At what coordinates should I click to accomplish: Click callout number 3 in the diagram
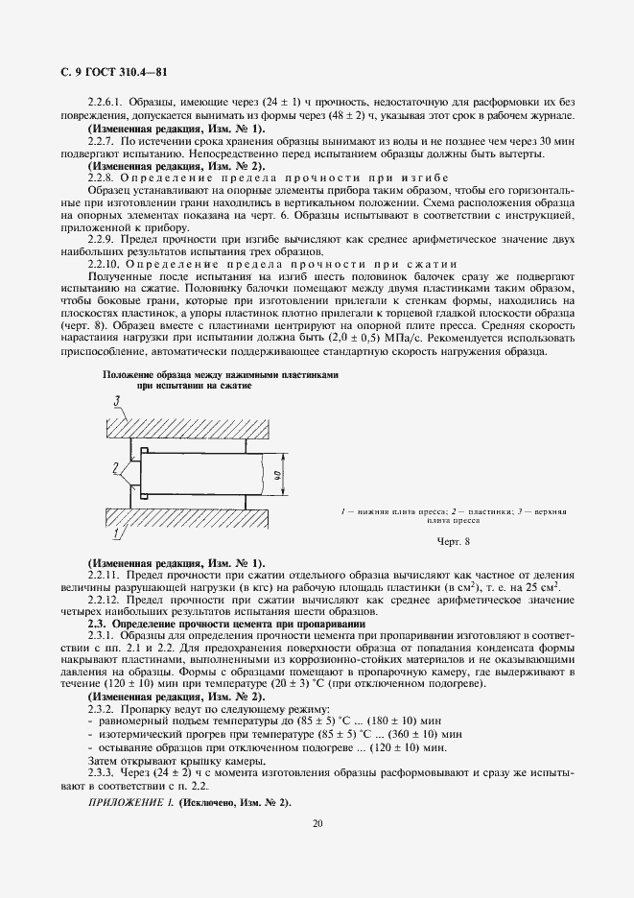coord(117,401)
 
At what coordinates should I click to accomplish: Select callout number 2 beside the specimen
coord(116,467)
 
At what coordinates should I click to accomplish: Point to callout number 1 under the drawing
coord(116,532)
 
